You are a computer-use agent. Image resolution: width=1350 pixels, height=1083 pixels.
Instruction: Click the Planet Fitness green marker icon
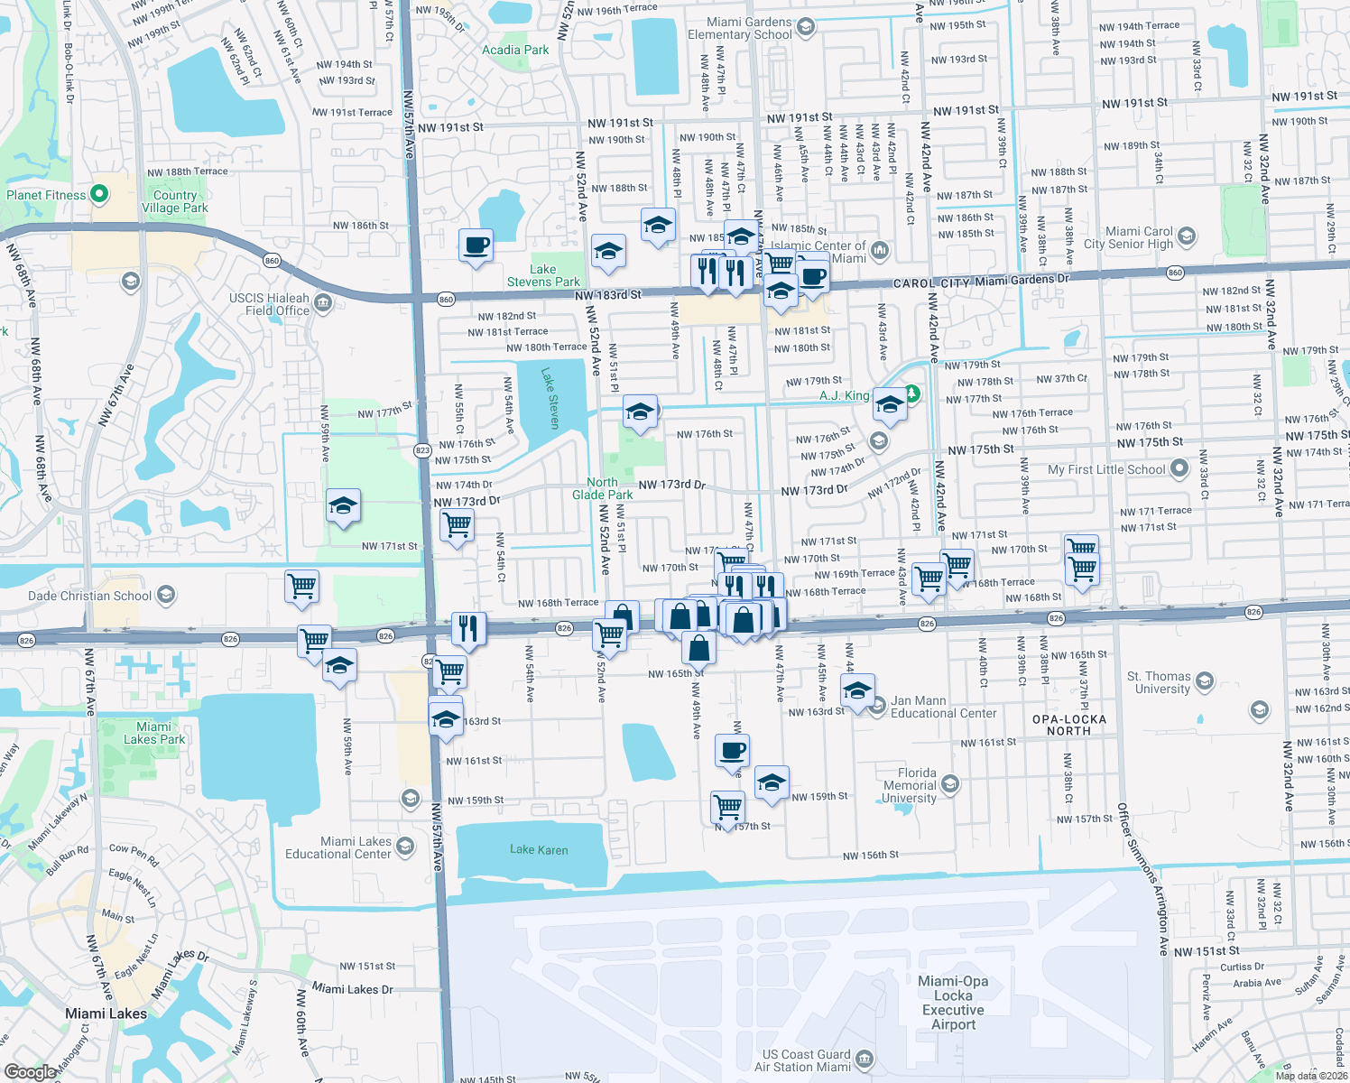100,194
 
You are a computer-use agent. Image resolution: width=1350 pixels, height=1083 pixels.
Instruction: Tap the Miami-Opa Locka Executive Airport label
953,1002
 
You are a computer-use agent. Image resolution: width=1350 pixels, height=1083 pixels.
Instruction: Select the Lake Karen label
539,849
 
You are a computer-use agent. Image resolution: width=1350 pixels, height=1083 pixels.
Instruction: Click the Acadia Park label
515,50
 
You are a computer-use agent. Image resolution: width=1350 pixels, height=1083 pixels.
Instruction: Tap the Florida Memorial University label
910,785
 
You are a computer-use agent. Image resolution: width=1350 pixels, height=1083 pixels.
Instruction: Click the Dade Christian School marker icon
165,595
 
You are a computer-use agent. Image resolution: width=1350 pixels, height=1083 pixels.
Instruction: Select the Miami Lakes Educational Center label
338,847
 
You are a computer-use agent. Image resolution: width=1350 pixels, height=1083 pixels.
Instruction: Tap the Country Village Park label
175,201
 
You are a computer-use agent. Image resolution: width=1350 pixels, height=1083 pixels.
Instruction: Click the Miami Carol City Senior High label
1129,237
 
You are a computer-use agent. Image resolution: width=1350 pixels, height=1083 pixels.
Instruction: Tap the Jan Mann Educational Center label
944,707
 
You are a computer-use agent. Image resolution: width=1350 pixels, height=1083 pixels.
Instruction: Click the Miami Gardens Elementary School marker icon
806,27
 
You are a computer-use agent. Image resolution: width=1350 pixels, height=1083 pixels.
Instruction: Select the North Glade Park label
602,488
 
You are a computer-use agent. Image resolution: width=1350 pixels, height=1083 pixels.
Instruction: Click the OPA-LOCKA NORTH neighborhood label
1068,725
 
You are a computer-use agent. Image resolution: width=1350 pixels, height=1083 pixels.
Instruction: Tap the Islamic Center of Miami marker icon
880,250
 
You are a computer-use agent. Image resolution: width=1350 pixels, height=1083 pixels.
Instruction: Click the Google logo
30,1072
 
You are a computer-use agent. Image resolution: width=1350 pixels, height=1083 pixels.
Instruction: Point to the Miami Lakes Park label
154,733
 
